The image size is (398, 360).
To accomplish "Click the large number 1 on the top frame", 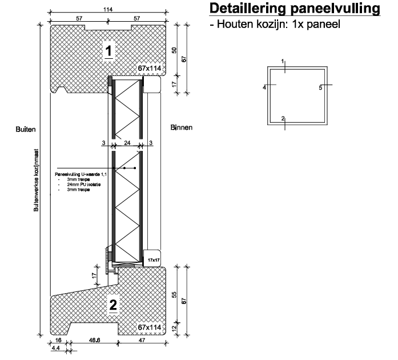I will (109, 50).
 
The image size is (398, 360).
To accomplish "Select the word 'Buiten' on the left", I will (25, 129).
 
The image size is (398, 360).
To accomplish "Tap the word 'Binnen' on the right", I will (182, 127).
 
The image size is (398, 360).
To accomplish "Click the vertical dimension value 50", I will (175, 51).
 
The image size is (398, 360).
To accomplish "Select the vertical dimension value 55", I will (175, 296).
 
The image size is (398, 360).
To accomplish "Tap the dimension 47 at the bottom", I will (141, 341).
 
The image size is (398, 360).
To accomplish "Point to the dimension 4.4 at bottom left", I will (56, 347).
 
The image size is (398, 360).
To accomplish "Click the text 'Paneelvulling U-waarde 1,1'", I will (80, 173).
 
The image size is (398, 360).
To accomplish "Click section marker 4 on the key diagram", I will (265, 87).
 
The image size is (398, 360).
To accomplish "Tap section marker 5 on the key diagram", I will (320, 87).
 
